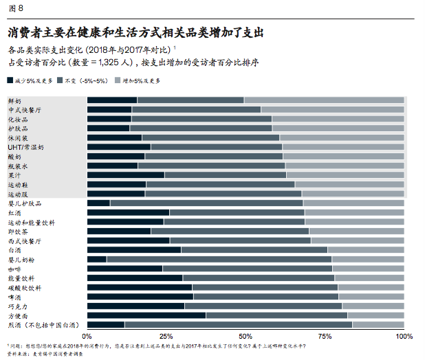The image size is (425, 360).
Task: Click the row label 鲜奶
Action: coord(14,100)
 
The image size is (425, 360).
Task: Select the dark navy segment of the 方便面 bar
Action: coord(146,315)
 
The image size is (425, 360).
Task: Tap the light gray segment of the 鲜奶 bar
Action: coord(323,100)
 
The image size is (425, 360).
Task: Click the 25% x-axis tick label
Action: coord(166,336)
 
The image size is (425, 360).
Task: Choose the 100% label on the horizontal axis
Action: coord(404,336)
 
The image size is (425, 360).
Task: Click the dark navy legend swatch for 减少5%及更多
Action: coord(11,80)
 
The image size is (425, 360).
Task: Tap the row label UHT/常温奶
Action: coord(25,147)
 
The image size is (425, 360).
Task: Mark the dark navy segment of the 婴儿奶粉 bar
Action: coord(97,259)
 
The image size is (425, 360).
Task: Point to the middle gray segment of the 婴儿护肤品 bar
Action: coord(206,203)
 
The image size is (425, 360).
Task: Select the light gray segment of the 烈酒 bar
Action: coord(378,324)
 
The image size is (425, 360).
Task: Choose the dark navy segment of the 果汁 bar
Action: coord(126,175)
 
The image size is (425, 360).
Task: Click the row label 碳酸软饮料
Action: coord(25,287)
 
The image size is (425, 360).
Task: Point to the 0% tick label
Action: coord(87,336)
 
